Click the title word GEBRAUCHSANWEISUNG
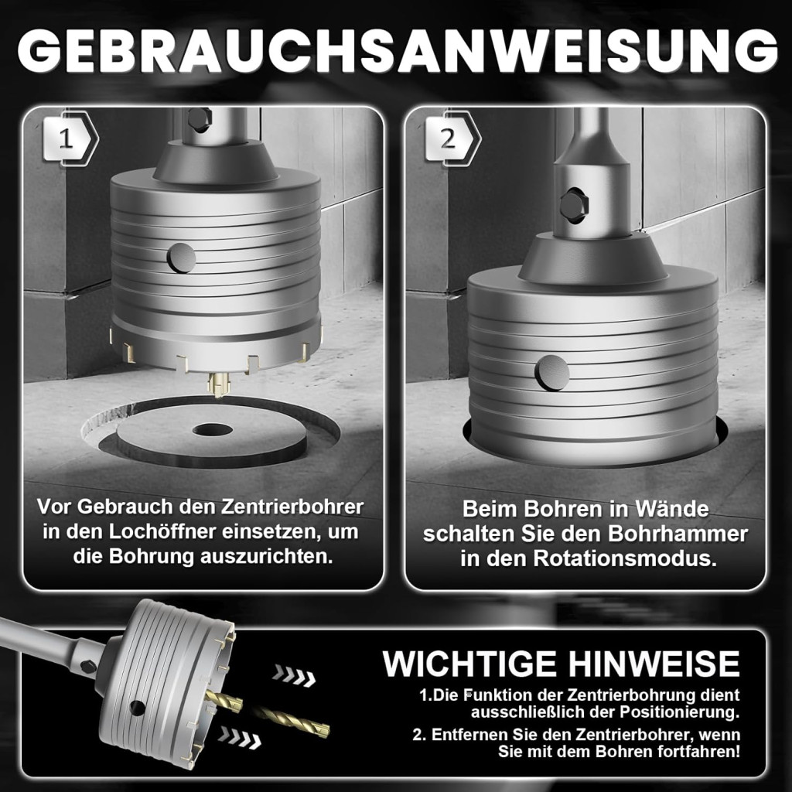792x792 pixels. tap(397, 50)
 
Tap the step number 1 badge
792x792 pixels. tap(70, 138)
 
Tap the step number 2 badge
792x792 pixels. tap(452, 138)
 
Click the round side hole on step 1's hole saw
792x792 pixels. tap(181, 258)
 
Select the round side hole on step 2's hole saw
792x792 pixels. tap(552, 373)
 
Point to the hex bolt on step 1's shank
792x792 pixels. tap(199, 120)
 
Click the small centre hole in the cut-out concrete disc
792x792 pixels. tap(212, 430)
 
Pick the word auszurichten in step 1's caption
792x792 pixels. tap(267, 556)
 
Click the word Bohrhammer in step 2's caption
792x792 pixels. tap(678, 534)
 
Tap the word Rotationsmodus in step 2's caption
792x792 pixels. tap(625, 559)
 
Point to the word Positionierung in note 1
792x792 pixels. tap(679, 712)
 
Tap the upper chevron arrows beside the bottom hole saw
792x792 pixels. tap(295, 675)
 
